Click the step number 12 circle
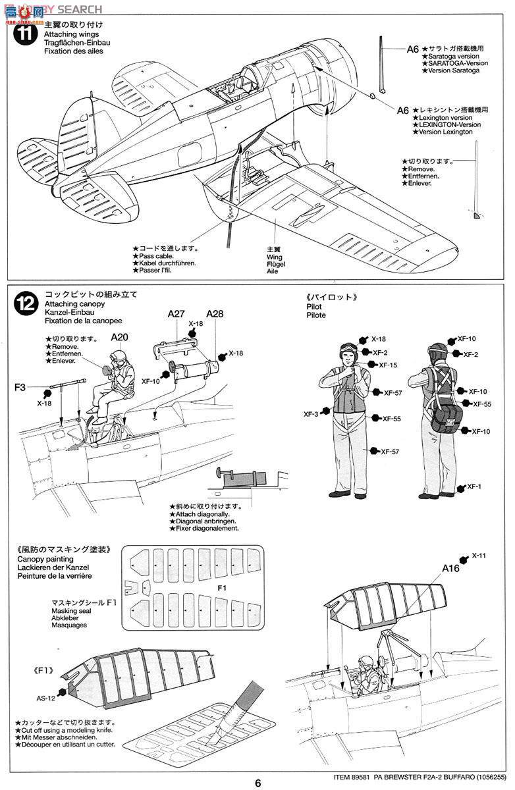24,303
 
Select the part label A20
119,337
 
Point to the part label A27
175,315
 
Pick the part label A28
215,315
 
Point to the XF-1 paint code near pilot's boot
474,487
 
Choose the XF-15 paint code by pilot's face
389,365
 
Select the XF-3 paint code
311,414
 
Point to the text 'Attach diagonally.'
202,513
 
